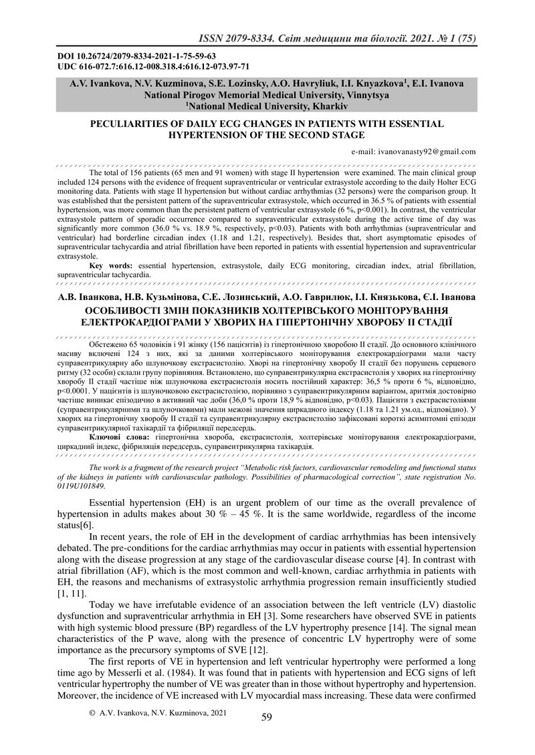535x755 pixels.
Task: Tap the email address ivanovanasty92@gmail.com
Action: (415, 152)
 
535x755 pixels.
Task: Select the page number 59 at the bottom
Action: (267, 718)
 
